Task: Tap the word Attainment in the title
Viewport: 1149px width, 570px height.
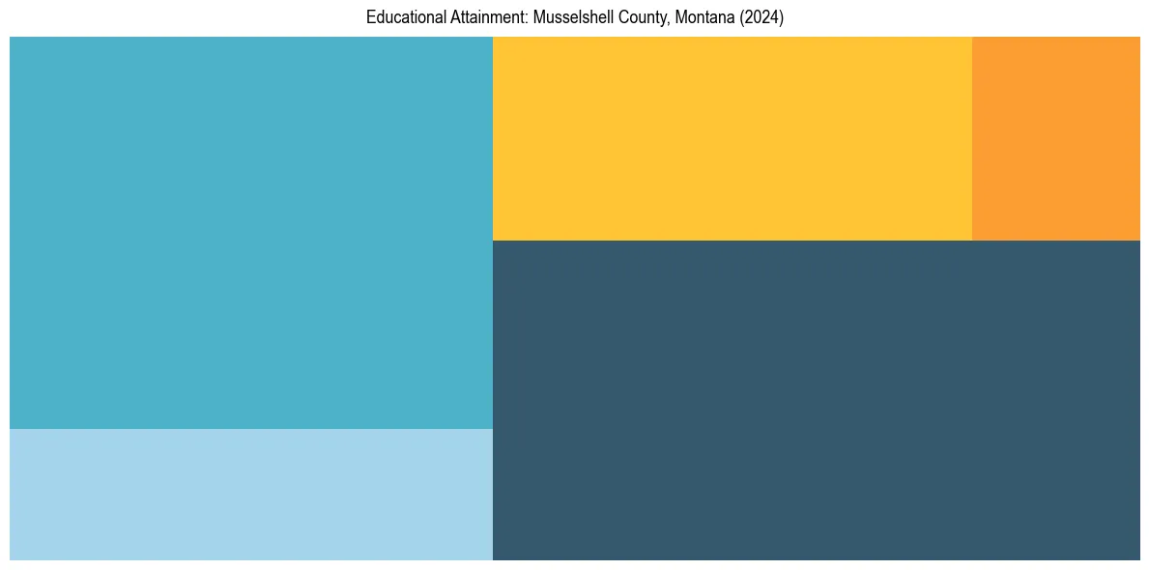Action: click(x=479, y=17)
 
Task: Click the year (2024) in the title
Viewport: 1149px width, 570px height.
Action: click(x=762, y=17)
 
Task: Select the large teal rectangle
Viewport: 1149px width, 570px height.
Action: click(x=251, y=232)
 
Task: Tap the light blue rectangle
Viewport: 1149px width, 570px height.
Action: click(x=251, y=495)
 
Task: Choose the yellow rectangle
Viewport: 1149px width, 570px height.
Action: click(x=732, y=138)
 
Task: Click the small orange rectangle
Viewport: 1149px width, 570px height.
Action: click(x=1055, y=138)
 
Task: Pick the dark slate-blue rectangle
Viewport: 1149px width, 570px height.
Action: click(x=816, y=400)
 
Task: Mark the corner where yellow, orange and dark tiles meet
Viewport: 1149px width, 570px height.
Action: click(x=972, y=241)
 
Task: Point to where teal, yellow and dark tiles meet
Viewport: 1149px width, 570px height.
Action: click(x=493, y=241)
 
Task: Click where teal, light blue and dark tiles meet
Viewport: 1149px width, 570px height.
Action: click(x=493, y=429)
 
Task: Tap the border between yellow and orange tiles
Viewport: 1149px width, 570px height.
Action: click(x=972, y=138)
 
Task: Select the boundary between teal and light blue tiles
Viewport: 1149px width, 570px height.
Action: click(x=251, y=429)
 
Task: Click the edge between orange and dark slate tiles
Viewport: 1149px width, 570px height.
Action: click(x=1055, y=241)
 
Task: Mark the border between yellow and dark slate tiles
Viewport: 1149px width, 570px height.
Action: click(x=732, y=241)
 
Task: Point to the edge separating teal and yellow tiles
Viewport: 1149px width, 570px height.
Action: click(x=493, y=138)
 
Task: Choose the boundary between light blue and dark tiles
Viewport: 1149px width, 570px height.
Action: click(x=493, y=495)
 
